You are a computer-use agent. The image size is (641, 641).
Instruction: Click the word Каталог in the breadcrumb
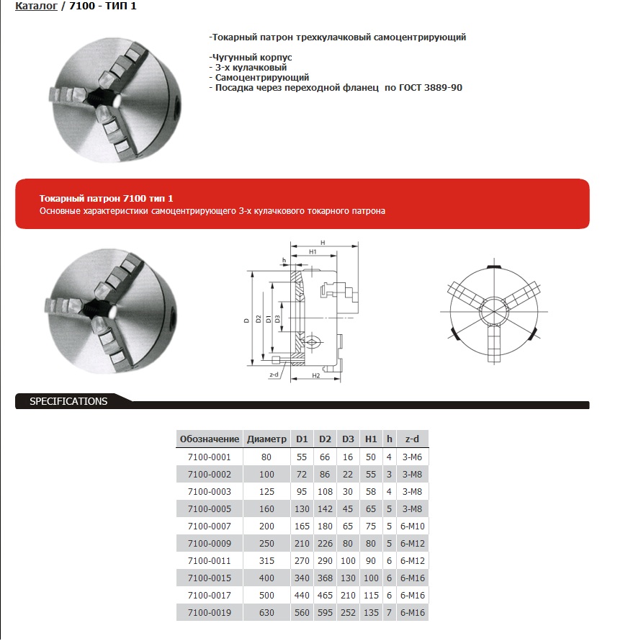coord(36,6)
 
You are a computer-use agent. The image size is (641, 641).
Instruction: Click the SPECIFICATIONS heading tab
coord(68,402)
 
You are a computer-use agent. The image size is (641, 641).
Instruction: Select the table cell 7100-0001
coord(209,457)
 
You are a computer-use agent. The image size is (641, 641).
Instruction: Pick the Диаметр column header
coord(266,439)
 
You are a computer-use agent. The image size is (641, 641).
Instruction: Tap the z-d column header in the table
coord(412,439)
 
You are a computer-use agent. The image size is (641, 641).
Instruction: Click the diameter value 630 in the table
coord(266,612)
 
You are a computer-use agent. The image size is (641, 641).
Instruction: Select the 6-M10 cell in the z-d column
coord(412,526)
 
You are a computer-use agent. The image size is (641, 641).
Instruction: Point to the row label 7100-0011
coord(209,560)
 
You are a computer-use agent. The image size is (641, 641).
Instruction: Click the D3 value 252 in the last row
coord(348,612)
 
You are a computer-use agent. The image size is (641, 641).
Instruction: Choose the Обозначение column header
coord(209,439)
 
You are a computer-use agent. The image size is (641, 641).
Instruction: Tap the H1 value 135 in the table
coord(371,612)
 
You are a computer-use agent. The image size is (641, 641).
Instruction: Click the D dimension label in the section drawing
coord(246,319)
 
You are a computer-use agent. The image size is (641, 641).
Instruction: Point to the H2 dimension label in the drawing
coord(316,376)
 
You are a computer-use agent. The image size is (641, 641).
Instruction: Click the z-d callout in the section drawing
coord(273,375)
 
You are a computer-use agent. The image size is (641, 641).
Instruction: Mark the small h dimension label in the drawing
coord(284,259)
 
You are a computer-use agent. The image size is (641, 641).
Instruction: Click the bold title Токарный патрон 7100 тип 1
coord(106,198)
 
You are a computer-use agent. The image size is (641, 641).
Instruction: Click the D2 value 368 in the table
coord(325,578)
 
